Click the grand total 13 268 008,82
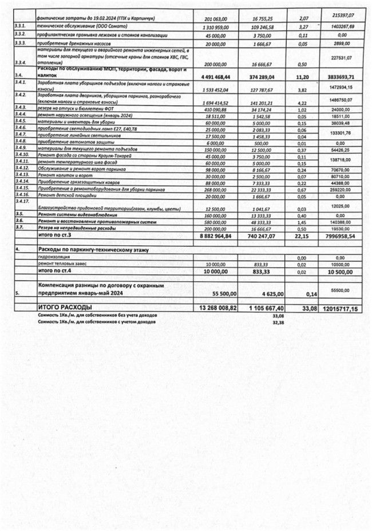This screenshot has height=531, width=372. pos(216,308)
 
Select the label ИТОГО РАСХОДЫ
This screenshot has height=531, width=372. pos(65,308)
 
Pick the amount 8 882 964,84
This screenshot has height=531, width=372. pos(216,235)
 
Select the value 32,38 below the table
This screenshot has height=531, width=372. pos(279,321)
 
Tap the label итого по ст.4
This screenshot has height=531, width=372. pos(57,272)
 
